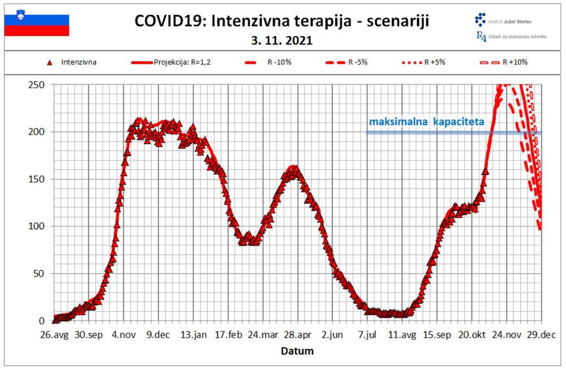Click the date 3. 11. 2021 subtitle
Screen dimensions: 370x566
282,41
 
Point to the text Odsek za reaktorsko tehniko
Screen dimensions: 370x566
516,36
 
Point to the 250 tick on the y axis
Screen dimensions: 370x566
38,85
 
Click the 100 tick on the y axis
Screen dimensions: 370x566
38,227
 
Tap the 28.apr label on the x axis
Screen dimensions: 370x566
297,335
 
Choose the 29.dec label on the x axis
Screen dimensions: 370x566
541,335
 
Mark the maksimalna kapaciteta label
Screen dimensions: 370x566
426,122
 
